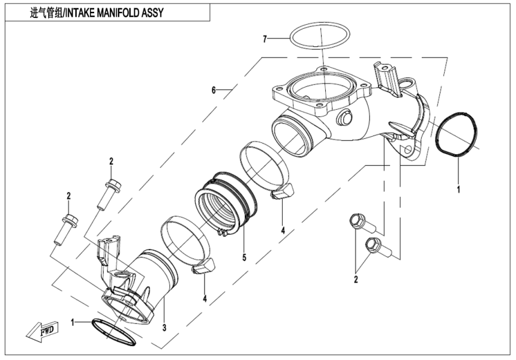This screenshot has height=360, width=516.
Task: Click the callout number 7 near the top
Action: [264, 39]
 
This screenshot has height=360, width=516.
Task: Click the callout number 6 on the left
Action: [213, 90]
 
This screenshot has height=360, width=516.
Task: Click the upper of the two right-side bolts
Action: [359, 223]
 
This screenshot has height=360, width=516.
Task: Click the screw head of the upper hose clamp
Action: [283, 193]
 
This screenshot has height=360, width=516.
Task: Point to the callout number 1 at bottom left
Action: [73, 322]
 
